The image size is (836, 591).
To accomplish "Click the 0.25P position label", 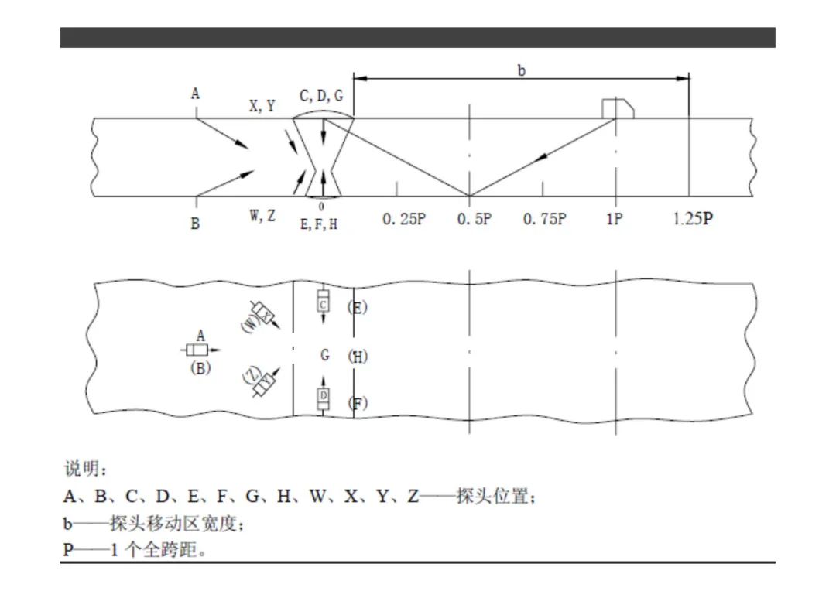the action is tap(404, 219).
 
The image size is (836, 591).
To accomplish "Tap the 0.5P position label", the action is tap(475, 219).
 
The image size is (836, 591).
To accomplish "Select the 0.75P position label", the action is tap(545, 219).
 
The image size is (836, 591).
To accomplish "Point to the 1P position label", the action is tap(614, 219).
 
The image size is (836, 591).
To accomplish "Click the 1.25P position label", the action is tap(693, 218).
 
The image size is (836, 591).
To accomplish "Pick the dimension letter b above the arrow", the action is tap(522, 70).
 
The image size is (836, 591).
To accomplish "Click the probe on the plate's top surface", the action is tap(618, 109).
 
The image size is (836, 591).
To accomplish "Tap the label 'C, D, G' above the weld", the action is tap(321, 96).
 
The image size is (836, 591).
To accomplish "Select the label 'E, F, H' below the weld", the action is tap(319, 224).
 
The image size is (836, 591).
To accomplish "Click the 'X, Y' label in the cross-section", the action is tap(262, 106).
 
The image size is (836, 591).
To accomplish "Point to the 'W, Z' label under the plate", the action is tap(263, 216).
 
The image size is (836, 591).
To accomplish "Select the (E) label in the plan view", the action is tap(357, 308).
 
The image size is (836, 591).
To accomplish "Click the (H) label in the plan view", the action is tap(358, 357).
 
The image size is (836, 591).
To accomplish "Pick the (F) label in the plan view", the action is tap(358, 404).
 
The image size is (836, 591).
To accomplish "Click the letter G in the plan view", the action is tap(324, 355).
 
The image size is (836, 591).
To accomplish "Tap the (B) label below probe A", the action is tap(200, 368).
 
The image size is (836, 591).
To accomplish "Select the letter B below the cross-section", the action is tap(195, 224).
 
